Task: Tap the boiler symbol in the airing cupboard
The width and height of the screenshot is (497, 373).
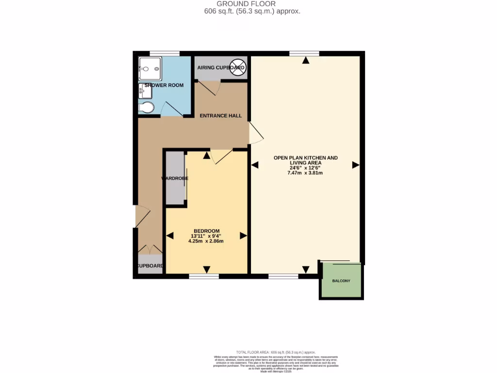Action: [x=237, y=68]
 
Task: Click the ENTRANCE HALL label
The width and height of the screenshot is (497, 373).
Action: [x=221, y=116]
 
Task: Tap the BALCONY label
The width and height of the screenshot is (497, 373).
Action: [x=341, y=281]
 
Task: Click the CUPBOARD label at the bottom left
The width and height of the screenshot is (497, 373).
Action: [x=150, y=266]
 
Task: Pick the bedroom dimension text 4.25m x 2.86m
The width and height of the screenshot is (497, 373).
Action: [x=206, y=241]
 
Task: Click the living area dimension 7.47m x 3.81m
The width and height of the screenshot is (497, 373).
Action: [x=305, y=173]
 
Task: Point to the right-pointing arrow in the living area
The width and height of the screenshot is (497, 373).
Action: [x=355, y=165]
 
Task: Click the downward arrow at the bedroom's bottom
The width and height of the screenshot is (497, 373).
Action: [x=207, y=270]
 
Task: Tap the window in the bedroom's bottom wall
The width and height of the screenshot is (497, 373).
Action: [x=203, y=276]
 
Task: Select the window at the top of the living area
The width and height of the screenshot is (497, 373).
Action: [x=305, y=53]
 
